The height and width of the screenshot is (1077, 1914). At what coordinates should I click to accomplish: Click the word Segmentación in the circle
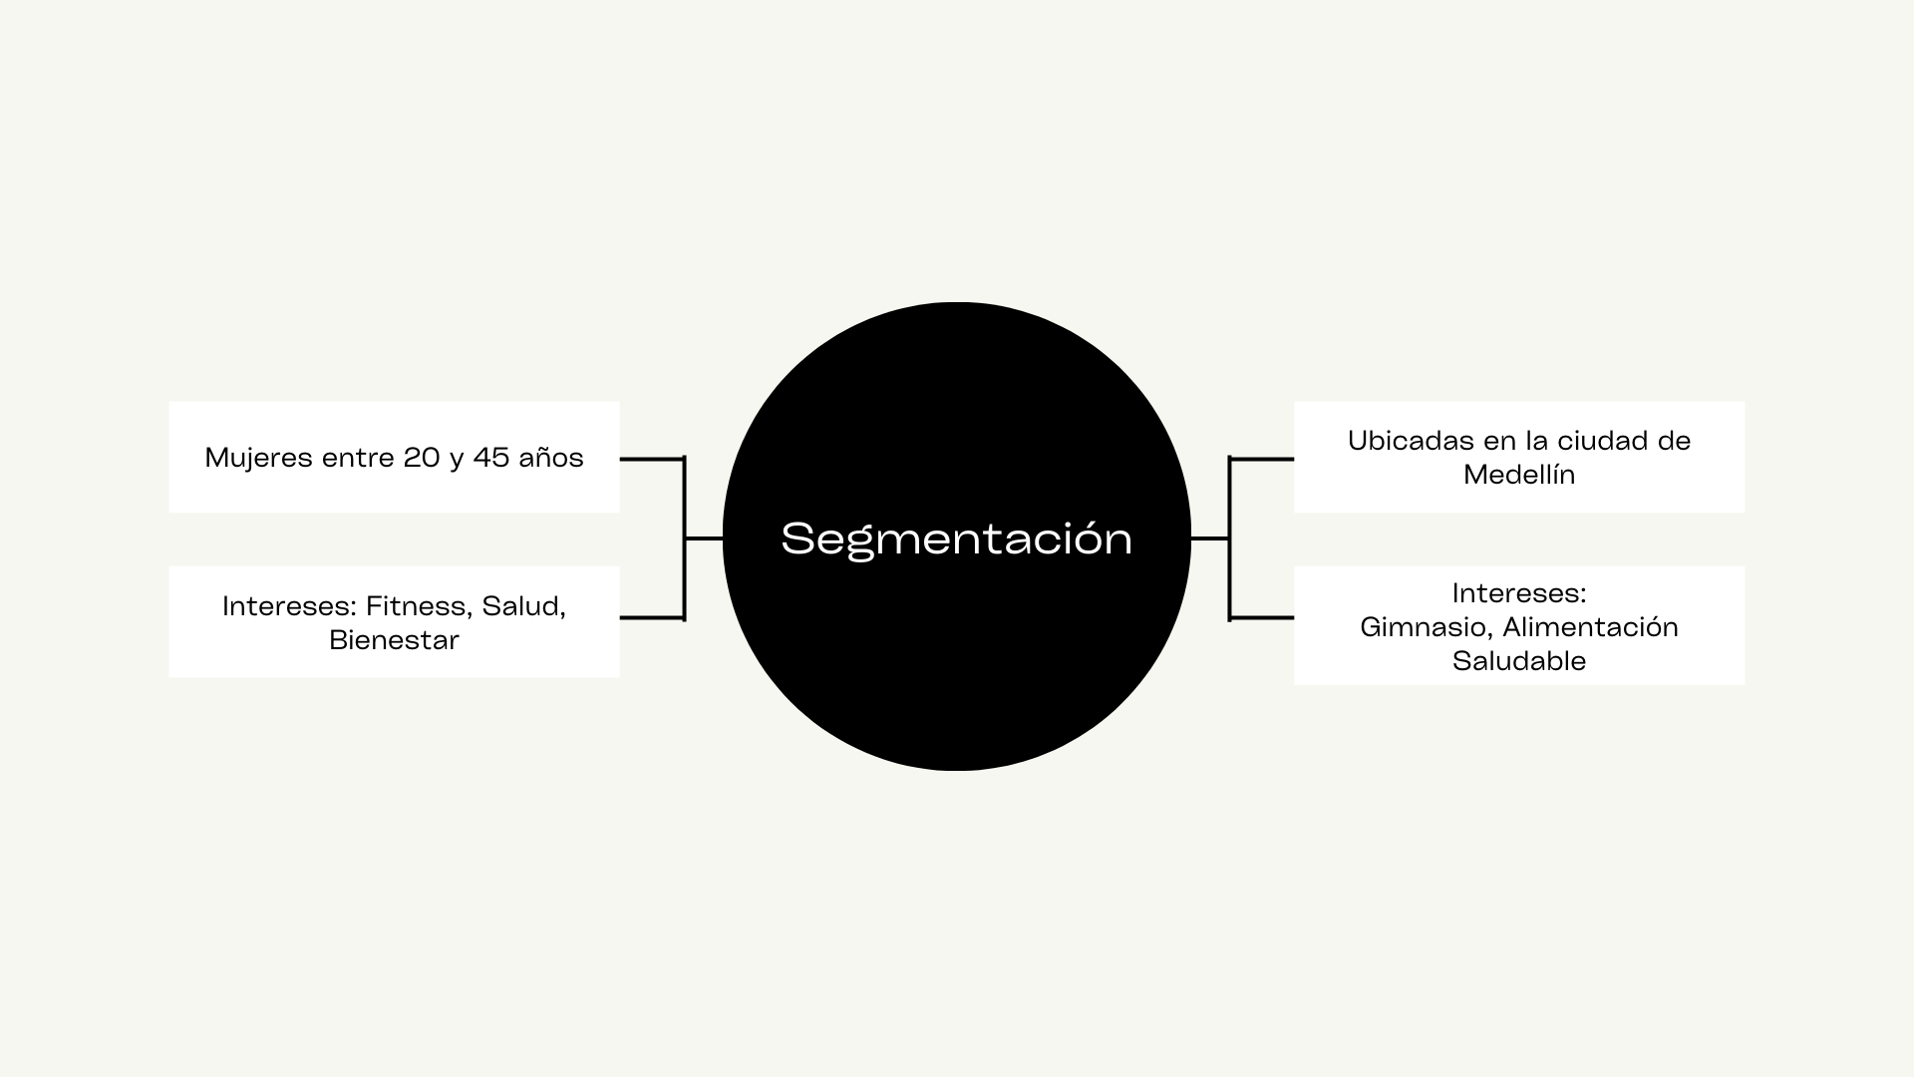[956, 539]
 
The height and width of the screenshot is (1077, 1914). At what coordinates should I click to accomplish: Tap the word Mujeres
[259, 459]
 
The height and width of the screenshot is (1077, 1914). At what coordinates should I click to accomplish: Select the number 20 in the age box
[422, 458]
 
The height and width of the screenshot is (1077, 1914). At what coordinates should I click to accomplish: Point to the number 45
[491, 458]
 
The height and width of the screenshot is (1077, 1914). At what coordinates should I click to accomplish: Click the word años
[551, 458]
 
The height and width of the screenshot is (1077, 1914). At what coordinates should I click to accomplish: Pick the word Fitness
[420, 606]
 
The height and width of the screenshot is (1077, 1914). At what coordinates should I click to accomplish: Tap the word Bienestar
[394, 640]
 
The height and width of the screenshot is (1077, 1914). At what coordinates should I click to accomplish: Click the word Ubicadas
[1398, 441]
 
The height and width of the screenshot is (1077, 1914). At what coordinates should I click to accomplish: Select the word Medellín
[1519, 475]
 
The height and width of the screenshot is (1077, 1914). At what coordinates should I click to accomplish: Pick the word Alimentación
[1590, 627]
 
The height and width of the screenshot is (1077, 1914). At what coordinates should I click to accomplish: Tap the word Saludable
[1519, 661]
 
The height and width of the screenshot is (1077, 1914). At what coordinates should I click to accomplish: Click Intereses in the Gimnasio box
[1519, 593]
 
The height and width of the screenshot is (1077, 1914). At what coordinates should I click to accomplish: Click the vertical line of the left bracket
[685, 538]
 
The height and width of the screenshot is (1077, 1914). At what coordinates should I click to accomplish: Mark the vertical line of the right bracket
[1230, 538]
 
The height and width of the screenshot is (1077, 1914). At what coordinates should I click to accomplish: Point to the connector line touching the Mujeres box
[652, 459]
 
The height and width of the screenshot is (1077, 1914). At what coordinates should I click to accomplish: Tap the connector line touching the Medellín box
[1262, 459]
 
